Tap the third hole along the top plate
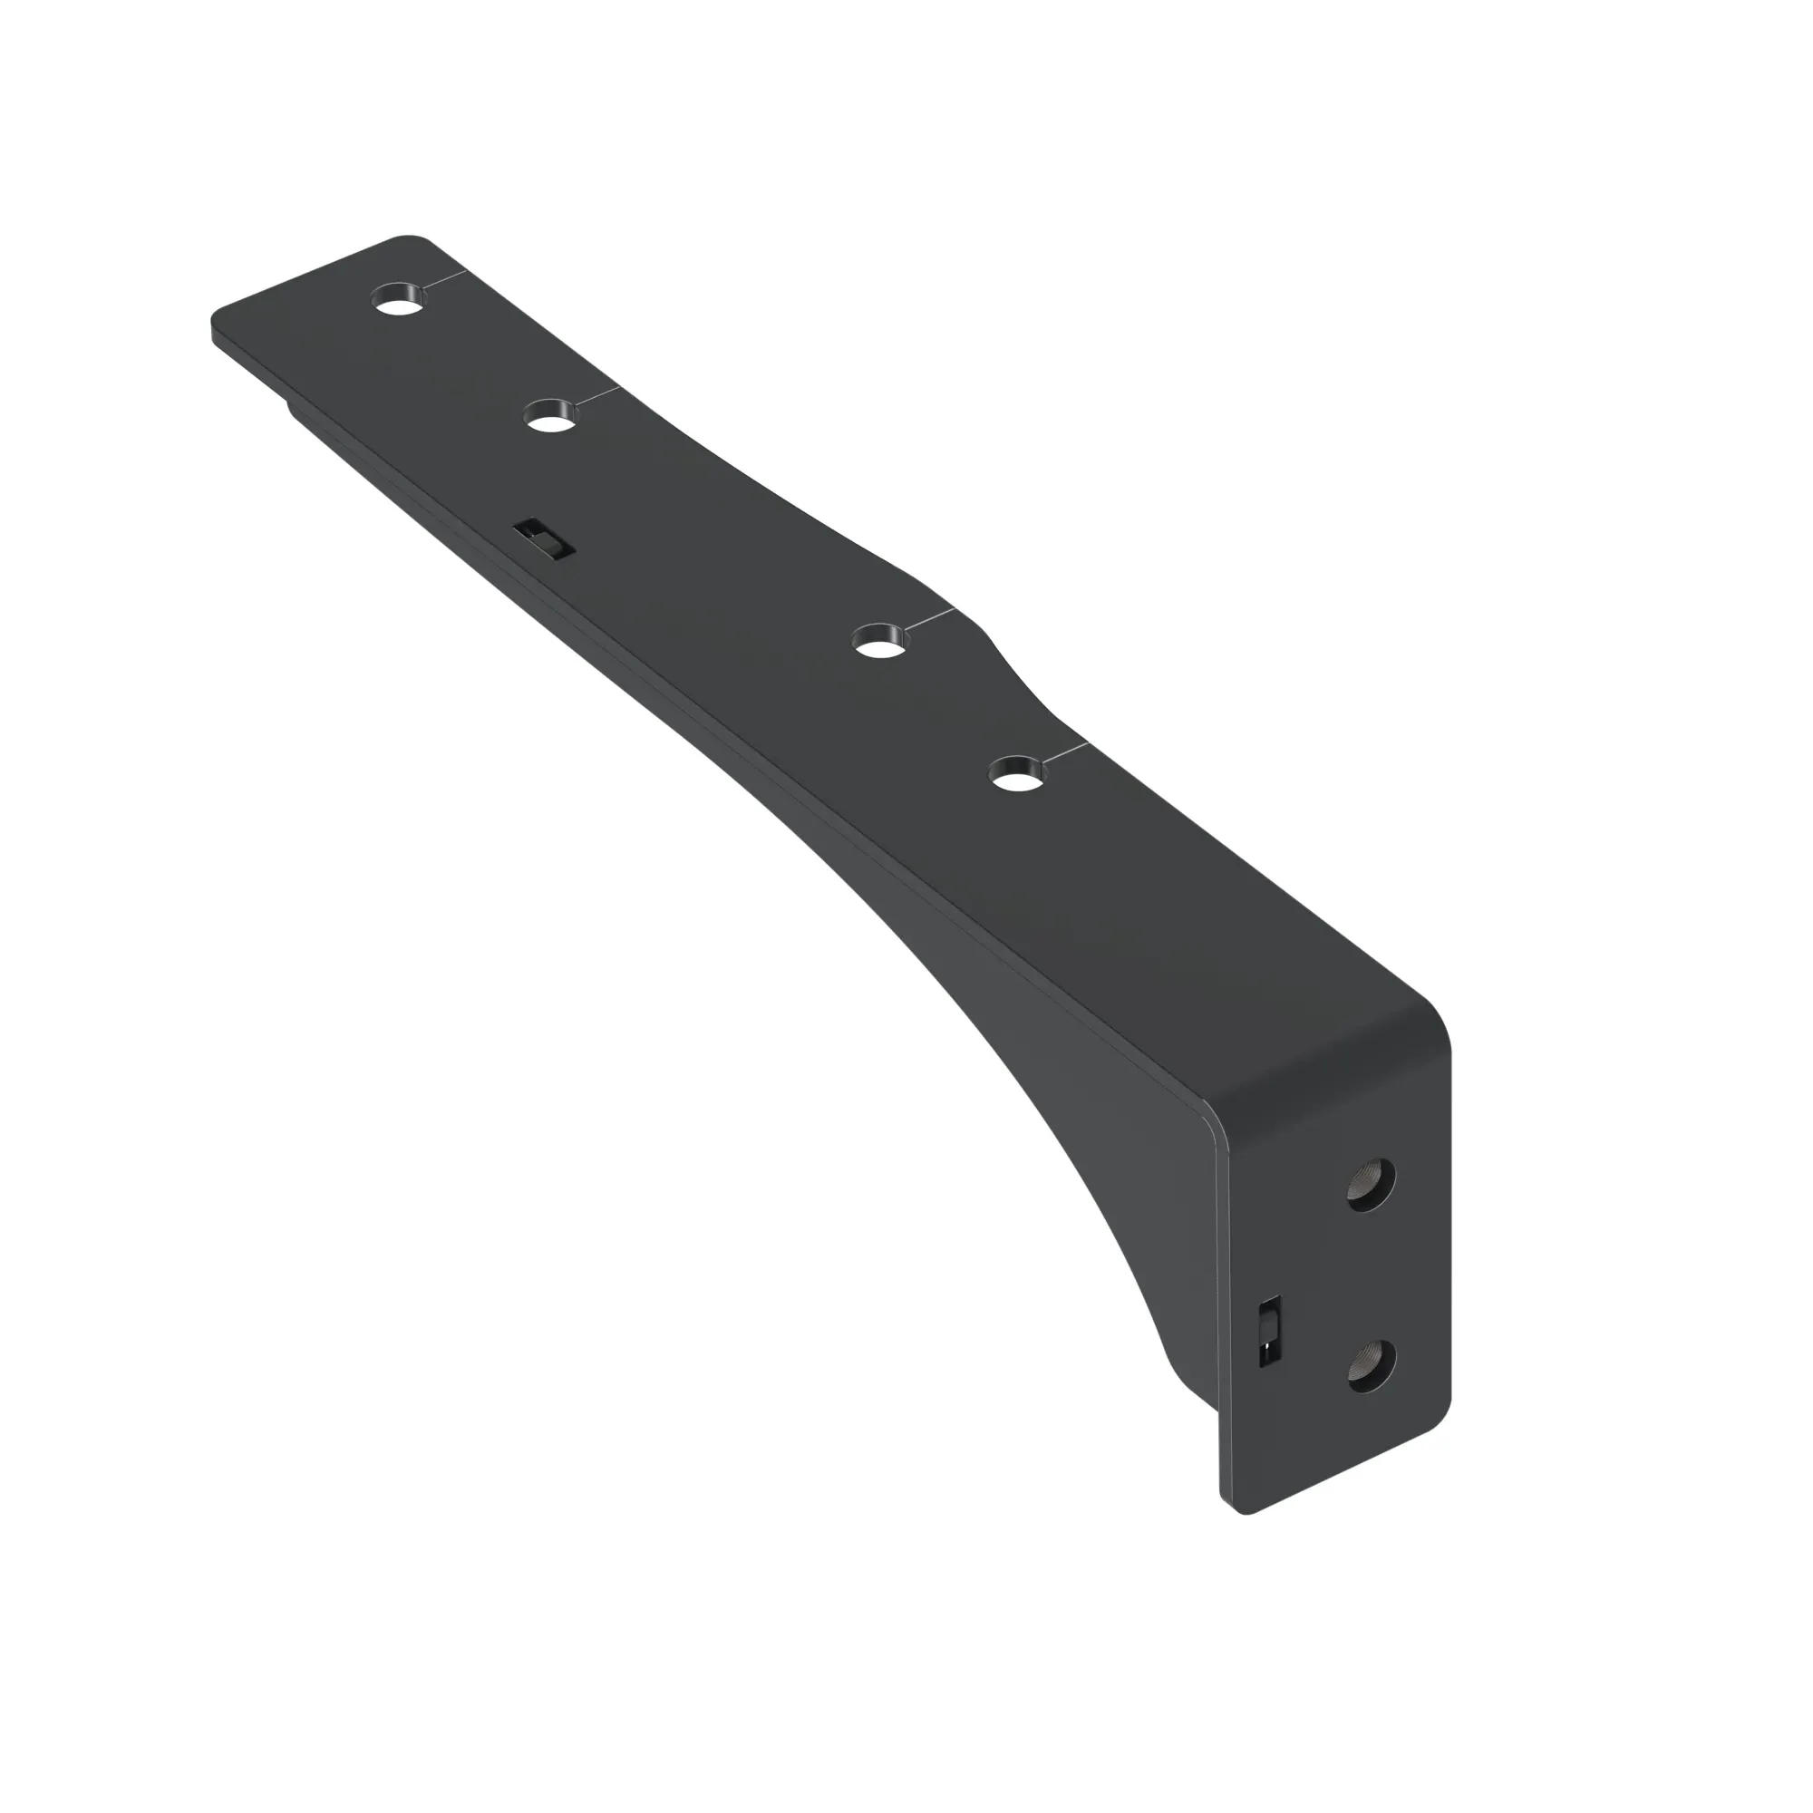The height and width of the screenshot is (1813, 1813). (x=881, y=642)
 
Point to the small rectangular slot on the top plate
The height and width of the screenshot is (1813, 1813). (x=543, y=539)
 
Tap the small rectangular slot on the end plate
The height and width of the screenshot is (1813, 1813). (x=1270, y=1330)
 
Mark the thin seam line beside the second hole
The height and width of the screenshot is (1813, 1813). (x=597, y=394)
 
